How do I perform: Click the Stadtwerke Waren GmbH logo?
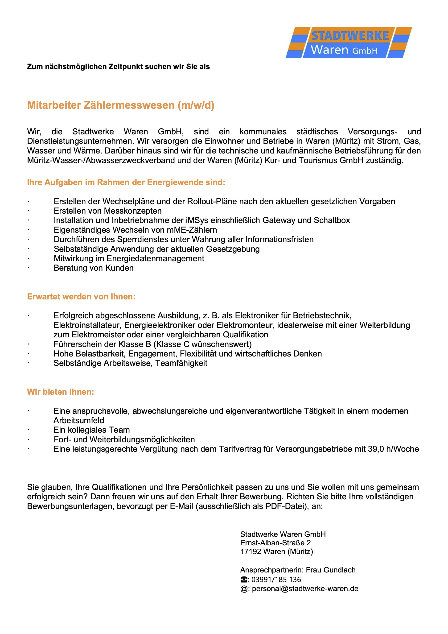[349, 42]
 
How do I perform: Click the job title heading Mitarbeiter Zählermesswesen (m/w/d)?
[121, 105]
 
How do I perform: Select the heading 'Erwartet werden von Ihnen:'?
[81, 297]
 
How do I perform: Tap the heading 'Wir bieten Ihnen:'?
[61, 392]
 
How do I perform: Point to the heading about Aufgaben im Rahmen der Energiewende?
[126, 182]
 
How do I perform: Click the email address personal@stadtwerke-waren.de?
[305, 588]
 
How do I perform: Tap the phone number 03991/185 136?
[276, 579]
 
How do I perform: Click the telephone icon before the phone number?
[244, 579]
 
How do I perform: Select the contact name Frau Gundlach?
[331, 570]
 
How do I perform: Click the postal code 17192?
[251, 551]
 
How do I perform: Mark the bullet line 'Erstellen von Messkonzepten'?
[108, 211]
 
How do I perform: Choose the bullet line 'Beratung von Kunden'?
[94, 268]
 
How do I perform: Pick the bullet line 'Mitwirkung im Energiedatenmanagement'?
[129, 258]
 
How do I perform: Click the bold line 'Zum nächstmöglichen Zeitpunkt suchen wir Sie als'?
[118, 66]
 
